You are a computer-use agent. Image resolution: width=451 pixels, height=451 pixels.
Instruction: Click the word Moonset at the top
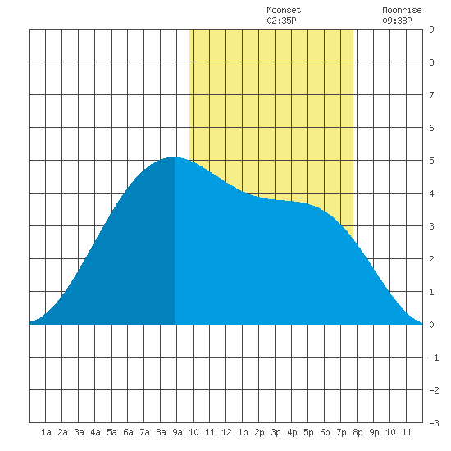284,10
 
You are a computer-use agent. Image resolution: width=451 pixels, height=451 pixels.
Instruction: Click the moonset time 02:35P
281,20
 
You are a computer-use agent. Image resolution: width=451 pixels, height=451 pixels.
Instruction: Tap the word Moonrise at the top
402,10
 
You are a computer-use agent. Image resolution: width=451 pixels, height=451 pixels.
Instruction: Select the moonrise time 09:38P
397,20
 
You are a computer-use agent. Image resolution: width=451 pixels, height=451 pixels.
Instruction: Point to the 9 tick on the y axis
431,30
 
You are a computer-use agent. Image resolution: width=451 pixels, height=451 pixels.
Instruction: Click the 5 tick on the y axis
431,161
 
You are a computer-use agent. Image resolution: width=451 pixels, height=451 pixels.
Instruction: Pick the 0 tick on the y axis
431,325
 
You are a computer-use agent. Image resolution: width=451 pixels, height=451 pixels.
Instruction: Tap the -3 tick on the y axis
434,423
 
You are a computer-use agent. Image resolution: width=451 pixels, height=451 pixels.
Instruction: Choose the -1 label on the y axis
434,358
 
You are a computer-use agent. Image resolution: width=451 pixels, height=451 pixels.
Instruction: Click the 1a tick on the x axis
46,432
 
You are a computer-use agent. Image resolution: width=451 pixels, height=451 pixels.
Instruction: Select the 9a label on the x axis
177,432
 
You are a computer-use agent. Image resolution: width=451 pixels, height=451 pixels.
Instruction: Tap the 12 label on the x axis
226,432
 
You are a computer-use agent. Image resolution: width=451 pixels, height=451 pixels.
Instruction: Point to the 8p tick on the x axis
358,432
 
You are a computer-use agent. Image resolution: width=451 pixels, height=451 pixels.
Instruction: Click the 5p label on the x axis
308,432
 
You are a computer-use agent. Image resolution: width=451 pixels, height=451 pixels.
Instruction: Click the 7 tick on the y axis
431,95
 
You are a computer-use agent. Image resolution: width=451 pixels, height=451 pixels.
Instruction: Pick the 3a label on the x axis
79,432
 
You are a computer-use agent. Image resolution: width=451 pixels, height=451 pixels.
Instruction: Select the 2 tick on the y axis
431,259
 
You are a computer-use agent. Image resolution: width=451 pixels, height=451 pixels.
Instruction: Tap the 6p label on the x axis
325,432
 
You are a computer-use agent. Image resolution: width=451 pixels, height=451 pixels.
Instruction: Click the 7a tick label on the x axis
144,432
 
